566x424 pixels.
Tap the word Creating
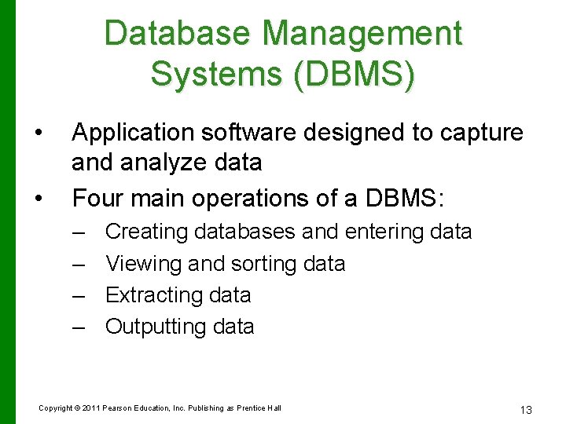(x=147, y=232)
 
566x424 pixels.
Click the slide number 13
(x=526, y=409)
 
